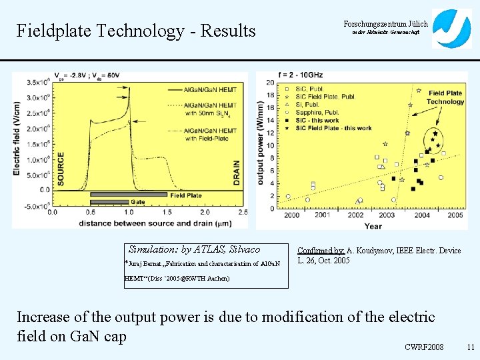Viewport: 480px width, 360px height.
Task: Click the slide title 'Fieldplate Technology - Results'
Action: coord(136,31)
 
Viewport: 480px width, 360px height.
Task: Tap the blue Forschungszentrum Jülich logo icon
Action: coord(451,29)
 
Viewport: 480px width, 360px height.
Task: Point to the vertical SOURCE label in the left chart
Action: coord(61,166)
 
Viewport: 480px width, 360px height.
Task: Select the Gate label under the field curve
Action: coord(138,201)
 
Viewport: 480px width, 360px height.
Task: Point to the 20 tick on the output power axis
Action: coord(269,83)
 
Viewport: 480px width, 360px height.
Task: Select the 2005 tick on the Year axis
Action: coord(456,215)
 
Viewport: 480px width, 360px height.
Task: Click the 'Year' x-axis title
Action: coord(373,225)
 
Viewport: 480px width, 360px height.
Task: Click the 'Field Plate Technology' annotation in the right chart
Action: coord(446,97)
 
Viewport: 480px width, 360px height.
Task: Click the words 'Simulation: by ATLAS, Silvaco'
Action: coord(194,249)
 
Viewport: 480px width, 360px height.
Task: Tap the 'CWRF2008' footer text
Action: coord(425,347)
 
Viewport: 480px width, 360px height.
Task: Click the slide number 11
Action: coord(470,347)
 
